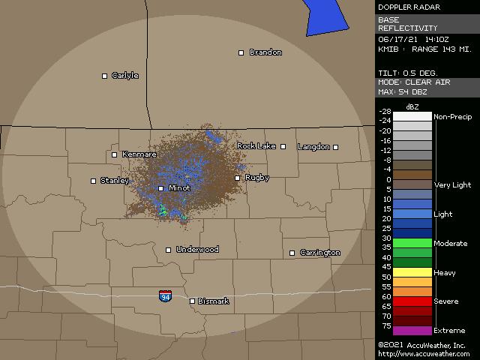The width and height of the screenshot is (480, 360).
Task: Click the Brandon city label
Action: pos(265,52)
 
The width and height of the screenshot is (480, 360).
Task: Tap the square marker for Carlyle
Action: pos(105,76)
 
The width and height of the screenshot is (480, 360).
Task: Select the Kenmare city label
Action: pos(139,154)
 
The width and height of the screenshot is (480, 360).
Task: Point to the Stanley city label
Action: pos(115,181)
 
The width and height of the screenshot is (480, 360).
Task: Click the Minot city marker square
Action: pos(160,188)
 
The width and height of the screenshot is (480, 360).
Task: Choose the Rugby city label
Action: pos(257,178)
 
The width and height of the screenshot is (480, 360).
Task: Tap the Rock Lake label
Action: pos(256,145)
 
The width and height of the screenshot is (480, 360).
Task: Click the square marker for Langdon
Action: pos(336,147)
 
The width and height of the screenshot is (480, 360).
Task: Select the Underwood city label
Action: pos(197,250)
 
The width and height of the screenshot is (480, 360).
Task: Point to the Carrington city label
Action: pos(319,253)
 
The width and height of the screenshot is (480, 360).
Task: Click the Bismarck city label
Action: pos(213,301)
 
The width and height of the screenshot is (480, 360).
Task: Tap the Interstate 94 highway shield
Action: pos(165,296)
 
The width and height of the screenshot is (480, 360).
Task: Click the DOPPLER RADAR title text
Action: pos(409,7)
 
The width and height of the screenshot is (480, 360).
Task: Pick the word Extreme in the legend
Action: pos(449,331)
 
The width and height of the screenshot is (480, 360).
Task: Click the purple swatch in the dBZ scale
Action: pos(412,331)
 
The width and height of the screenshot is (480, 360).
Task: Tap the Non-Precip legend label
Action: pos(452,117)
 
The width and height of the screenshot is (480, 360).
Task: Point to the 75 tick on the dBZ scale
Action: pos(385,325)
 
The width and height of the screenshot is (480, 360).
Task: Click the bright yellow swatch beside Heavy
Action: pos(412,273)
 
